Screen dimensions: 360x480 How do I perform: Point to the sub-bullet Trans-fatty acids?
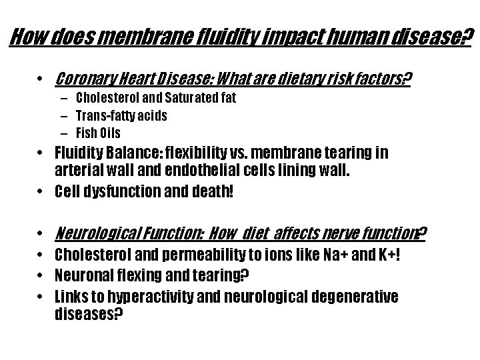tap(121, 115)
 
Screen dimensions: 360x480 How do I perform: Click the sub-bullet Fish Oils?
tap(98, 133)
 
